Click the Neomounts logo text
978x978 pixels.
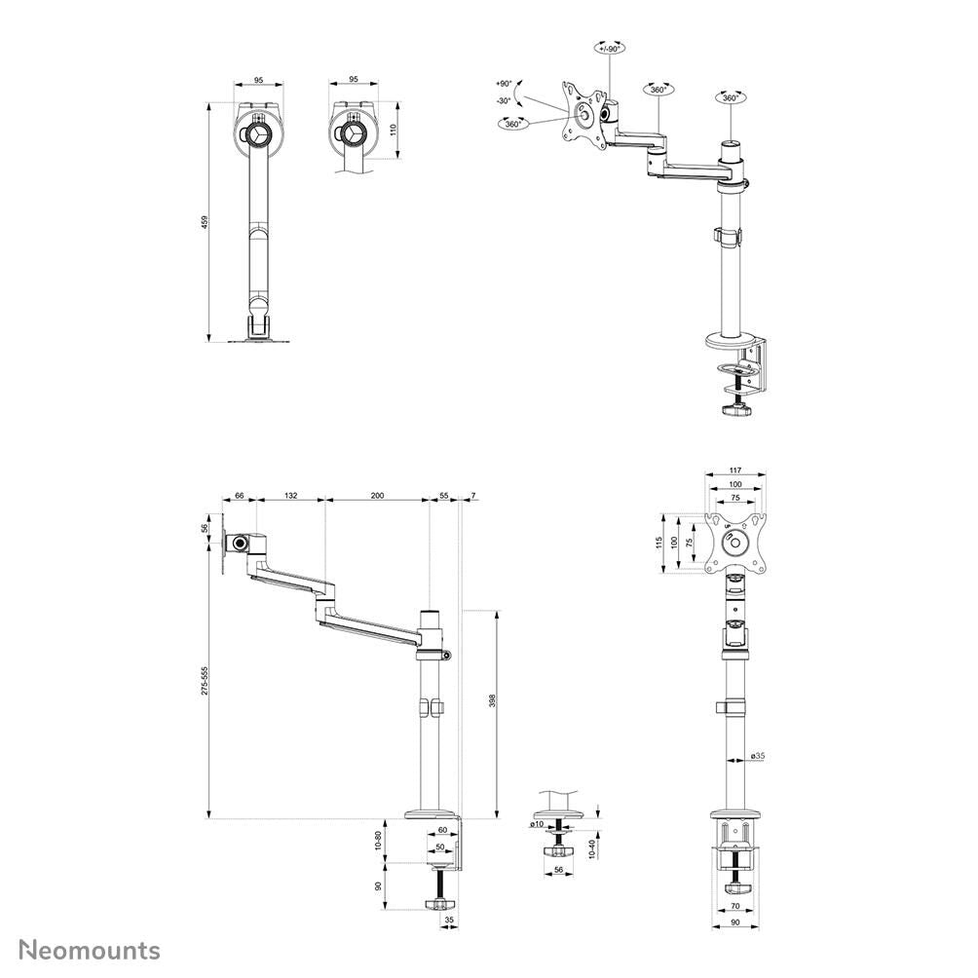tap(90, 950)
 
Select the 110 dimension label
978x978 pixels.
tap(393, 131)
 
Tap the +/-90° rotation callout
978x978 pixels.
tap(609, 48)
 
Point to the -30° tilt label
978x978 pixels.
tap(504, 100)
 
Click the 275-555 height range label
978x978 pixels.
tap(205, 681)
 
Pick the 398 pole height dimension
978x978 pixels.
tap(492, 701)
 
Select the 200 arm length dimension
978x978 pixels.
tap(377, 495)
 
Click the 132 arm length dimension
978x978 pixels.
tap(290, 495)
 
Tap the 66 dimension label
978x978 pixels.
tap(240, 495)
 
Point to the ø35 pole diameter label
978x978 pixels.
tap(757, 756)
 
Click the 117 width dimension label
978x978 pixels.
tap(735, 470)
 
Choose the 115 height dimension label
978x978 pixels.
tap(659, 543)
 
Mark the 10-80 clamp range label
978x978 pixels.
tap(378, 842)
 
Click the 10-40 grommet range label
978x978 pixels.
tap(592, 848)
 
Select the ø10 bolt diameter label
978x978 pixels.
tap(537, 824)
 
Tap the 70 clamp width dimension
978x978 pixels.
tap(735, 906)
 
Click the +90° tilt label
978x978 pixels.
tap(504, 83)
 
